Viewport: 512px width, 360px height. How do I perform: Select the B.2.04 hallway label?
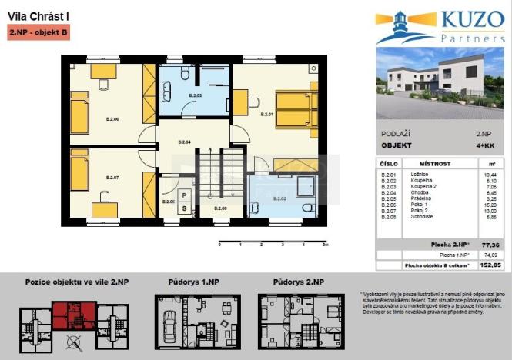(x=185, y=142)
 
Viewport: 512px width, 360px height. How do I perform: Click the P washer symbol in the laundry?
(x=184, y=195)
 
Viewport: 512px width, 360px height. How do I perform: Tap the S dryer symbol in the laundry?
(x=184, y=207)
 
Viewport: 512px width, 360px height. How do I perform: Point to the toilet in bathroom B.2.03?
(x=185, y=72)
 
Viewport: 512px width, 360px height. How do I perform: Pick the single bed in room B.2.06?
(x=80, y=112)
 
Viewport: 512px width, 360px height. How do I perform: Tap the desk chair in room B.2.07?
(x=105, y=198)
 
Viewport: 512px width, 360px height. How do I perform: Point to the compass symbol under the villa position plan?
(x=74, y=343)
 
